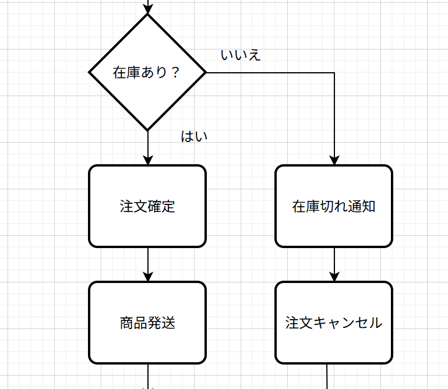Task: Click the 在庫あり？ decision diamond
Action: (x=147, y=72)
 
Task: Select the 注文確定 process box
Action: (x=147, y=206)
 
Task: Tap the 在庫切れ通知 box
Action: (x=334, y=206)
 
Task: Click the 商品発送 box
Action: (x=147, y=323)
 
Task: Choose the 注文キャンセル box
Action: (x=334, y=323)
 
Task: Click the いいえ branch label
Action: (x=241, y=55)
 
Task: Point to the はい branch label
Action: (x=195, y=137)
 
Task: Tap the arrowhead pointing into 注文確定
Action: (x=147, y=160)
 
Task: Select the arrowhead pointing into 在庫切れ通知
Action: (x=334, y=160)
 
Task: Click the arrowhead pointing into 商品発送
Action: (x=147, y=276)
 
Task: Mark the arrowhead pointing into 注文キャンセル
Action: (x=334, y=276)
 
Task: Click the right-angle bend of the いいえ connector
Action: (x=334, y=73)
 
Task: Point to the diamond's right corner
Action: (x=205, y=72)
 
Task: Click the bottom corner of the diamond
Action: (x=147, y=129)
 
